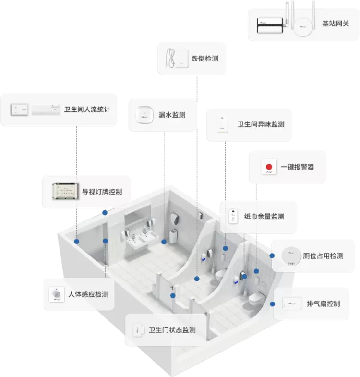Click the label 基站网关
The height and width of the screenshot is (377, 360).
tap(335, 23)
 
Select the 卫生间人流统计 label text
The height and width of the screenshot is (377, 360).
tap(87, 109)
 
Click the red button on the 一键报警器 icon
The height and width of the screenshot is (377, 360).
tap(269, 167)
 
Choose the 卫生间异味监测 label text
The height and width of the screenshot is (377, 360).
tap(261, 124)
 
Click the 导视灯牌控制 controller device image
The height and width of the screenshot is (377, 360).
tap(66, 191)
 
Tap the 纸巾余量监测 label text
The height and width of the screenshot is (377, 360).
tap(264, 217)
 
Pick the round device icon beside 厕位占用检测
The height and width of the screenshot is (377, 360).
tap(290, 255)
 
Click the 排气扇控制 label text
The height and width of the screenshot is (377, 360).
tap(323, 304)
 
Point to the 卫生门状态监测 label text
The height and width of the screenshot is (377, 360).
tap(172, 330)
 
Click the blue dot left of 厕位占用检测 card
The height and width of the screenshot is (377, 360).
tap(272, 255)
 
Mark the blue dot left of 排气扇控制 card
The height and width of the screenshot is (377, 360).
tap(272, 304)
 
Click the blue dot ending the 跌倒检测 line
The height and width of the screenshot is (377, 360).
tap(196, 279)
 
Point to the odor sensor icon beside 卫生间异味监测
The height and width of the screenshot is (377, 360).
tap(222, 124)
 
